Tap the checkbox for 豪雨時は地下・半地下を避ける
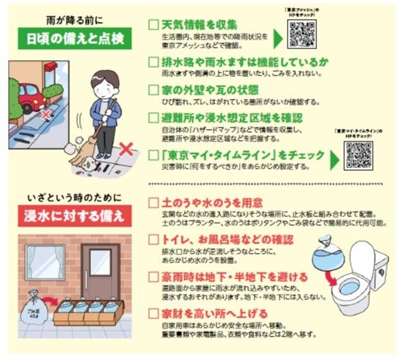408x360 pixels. [153, 278]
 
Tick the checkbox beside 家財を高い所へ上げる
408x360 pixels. [153, 314]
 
